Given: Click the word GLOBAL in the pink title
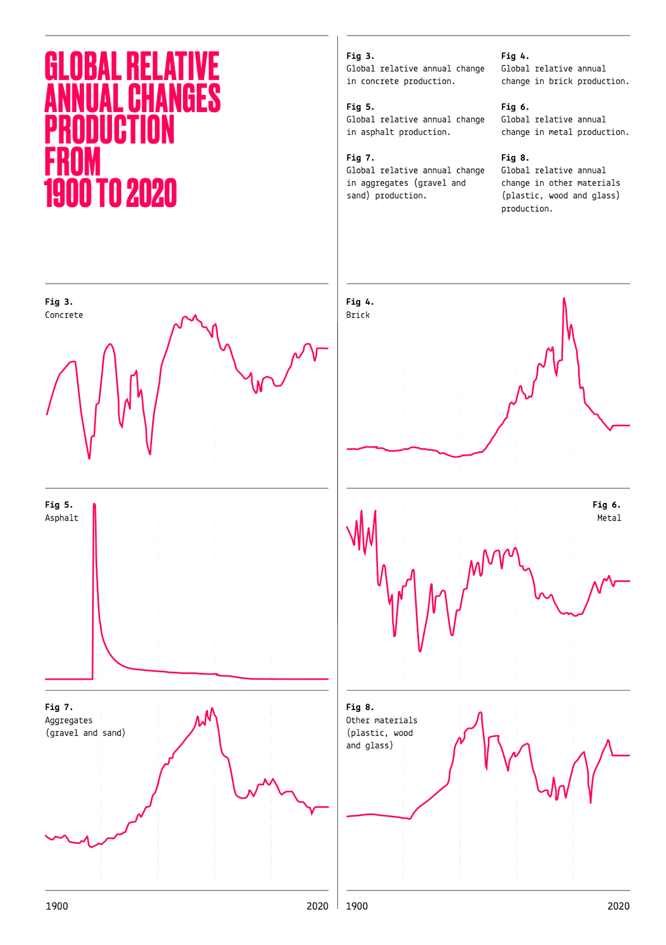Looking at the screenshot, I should tap(83, 67).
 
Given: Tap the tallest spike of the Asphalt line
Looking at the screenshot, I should tap(94, 505).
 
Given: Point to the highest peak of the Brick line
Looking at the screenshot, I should tap(564, 299).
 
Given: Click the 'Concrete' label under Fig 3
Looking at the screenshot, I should tap(64, 315).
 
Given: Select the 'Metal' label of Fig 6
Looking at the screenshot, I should tap(608, 518).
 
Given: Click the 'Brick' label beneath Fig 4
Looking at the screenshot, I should tap(358, 315).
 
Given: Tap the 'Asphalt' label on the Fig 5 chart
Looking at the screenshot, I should tap(62, 518).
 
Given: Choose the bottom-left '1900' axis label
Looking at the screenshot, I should tap(57, 906).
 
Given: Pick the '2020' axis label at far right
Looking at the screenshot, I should tap(618, 906).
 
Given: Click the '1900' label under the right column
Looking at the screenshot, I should tap(357, 906).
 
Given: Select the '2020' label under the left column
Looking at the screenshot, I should tap(317, 906).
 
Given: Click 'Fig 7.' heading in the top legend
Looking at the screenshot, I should tap(360, 157).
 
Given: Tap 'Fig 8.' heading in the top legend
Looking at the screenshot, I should tap(515, 157).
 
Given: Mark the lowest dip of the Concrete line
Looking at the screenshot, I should tap(89, 458).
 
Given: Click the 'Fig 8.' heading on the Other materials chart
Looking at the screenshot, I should tap(360, 707).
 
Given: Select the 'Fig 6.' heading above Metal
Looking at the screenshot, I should tap(606, 504).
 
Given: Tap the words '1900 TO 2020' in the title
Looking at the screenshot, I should tap(110, 194).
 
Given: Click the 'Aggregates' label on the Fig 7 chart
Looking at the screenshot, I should tap(68, 720).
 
